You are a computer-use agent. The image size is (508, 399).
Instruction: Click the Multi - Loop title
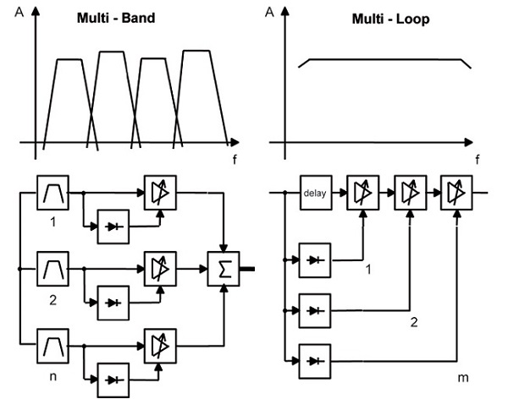click(x=387, y=19)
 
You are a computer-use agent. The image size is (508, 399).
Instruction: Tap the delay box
click(x=314, y=194)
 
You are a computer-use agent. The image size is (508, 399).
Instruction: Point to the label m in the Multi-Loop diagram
click(x=459, y=376)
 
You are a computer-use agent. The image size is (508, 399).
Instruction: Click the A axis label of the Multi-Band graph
click(x=18, y=13)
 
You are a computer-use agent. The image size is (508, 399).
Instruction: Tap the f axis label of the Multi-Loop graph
click(x=477, y=159)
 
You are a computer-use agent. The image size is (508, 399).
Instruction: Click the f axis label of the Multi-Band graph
click(x=234, y=159)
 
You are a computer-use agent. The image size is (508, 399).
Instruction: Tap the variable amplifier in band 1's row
click(x=158, y=194)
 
